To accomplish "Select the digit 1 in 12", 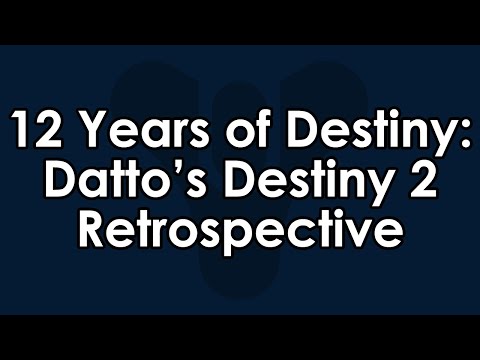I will [23, 131].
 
